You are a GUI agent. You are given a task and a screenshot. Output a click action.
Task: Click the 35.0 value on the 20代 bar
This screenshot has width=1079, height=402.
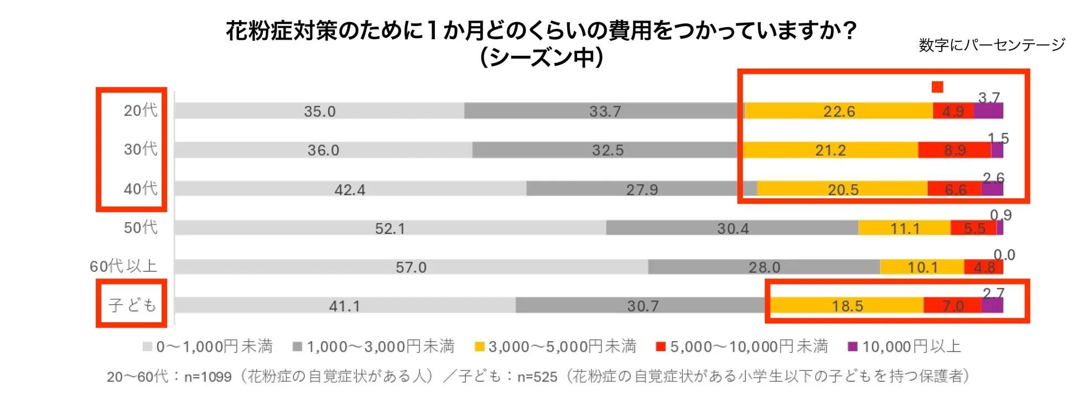(319, 111)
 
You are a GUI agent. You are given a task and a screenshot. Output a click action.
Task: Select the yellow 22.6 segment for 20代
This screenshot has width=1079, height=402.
(838, 111)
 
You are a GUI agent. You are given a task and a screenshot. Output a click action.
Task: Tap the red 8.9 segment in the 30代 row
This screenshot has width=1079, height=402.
(954, 150)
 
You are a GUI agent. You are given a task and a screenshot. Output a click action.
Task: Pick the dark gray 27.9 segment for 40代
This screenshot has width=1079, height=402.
(641, 189)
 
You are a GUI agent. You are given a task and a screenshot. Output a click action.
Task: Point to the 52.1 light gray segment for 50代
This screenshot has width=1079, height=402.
(390, 228)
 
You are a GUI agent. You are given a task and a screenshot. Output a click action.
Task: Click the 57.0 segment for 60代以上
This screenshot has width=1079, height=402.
(411, 267)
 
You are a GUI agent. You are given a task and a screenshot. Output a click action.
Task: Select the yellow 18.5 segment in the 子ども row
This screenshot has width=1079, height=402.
(847, 306)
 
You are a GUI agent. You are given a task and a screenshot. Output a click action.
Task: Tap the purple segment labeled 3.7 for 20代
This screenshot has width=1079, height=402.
(988, 111)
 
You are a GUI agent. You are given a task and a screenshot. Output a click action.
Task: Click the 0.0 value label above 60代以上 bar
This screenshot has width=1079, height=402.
(1004, 255)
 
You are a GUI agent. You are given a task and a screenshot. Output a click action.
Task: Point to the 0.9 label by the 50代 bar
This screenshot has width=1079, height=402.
(1000, 215)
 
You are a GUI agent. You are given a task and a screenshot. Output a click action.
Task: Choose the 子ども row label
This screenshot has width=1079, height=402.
(132, 305)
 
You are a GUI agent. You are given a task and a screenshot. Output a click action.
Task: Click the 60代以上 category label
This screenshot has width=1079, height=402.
(123, 266)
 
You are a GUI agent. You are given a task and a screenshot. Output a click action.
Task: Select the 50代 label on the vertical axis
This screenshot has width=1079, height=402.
(140, 227)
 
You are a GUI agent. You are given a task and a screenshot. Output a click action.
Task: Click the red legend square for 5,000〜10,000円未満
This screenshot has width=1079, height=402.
(660, 347)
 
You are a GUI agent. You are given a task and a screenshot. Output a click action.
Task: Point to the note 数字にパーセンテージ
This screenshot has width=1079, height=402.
(992, 45)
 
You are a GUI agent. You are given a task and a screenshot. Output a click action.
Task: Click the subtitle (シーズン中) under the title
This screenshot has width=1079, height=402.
(541, 57)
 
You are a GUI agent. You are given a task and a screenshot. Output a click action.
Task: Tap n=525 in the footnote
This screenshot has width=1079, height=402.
(537, 377)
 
